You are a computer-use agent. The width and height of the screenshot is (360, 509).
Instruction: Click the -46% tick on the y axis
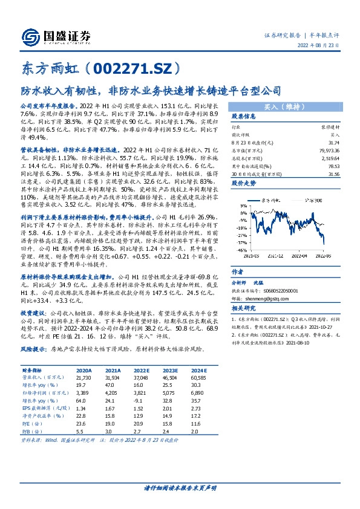coord(241,250)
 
